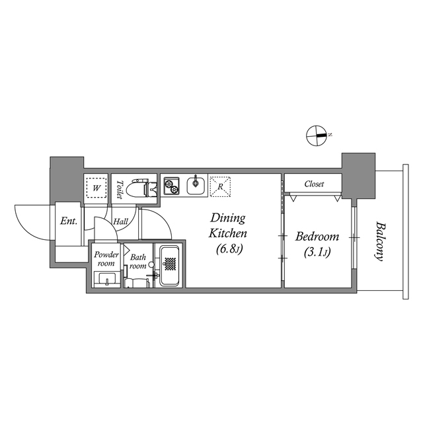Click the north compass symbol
pyautogui.click(x=317, y=135)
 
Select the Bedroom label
pyautogui.click(x=317, y=237)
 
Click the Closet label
pyautogui.click(x=314, y=184)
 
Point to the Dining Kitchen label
pyautogui.click(x=227, y=225)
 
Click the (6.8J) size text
pyautogui.click(x=227, y=249)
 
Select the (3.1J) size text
pyautogui.click(x=317, y=252)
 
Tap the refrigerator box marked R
pyautogui.click(x=219, y=185)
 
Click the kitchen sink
pyautogui.click(x=196, y=185)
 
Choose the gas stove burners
pyautogui.click(x=171, y=186)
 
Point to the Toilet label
pyautogui.click(x=120, y=190)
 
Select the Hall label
pyautogui.click(x=121, y=222)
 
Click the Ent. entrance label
pyautogui.click(x=69, y=221)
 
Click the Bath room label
pyautogui.click(x=137, y=262)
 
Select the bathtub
pyautogui.click(x=171, y=265)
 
